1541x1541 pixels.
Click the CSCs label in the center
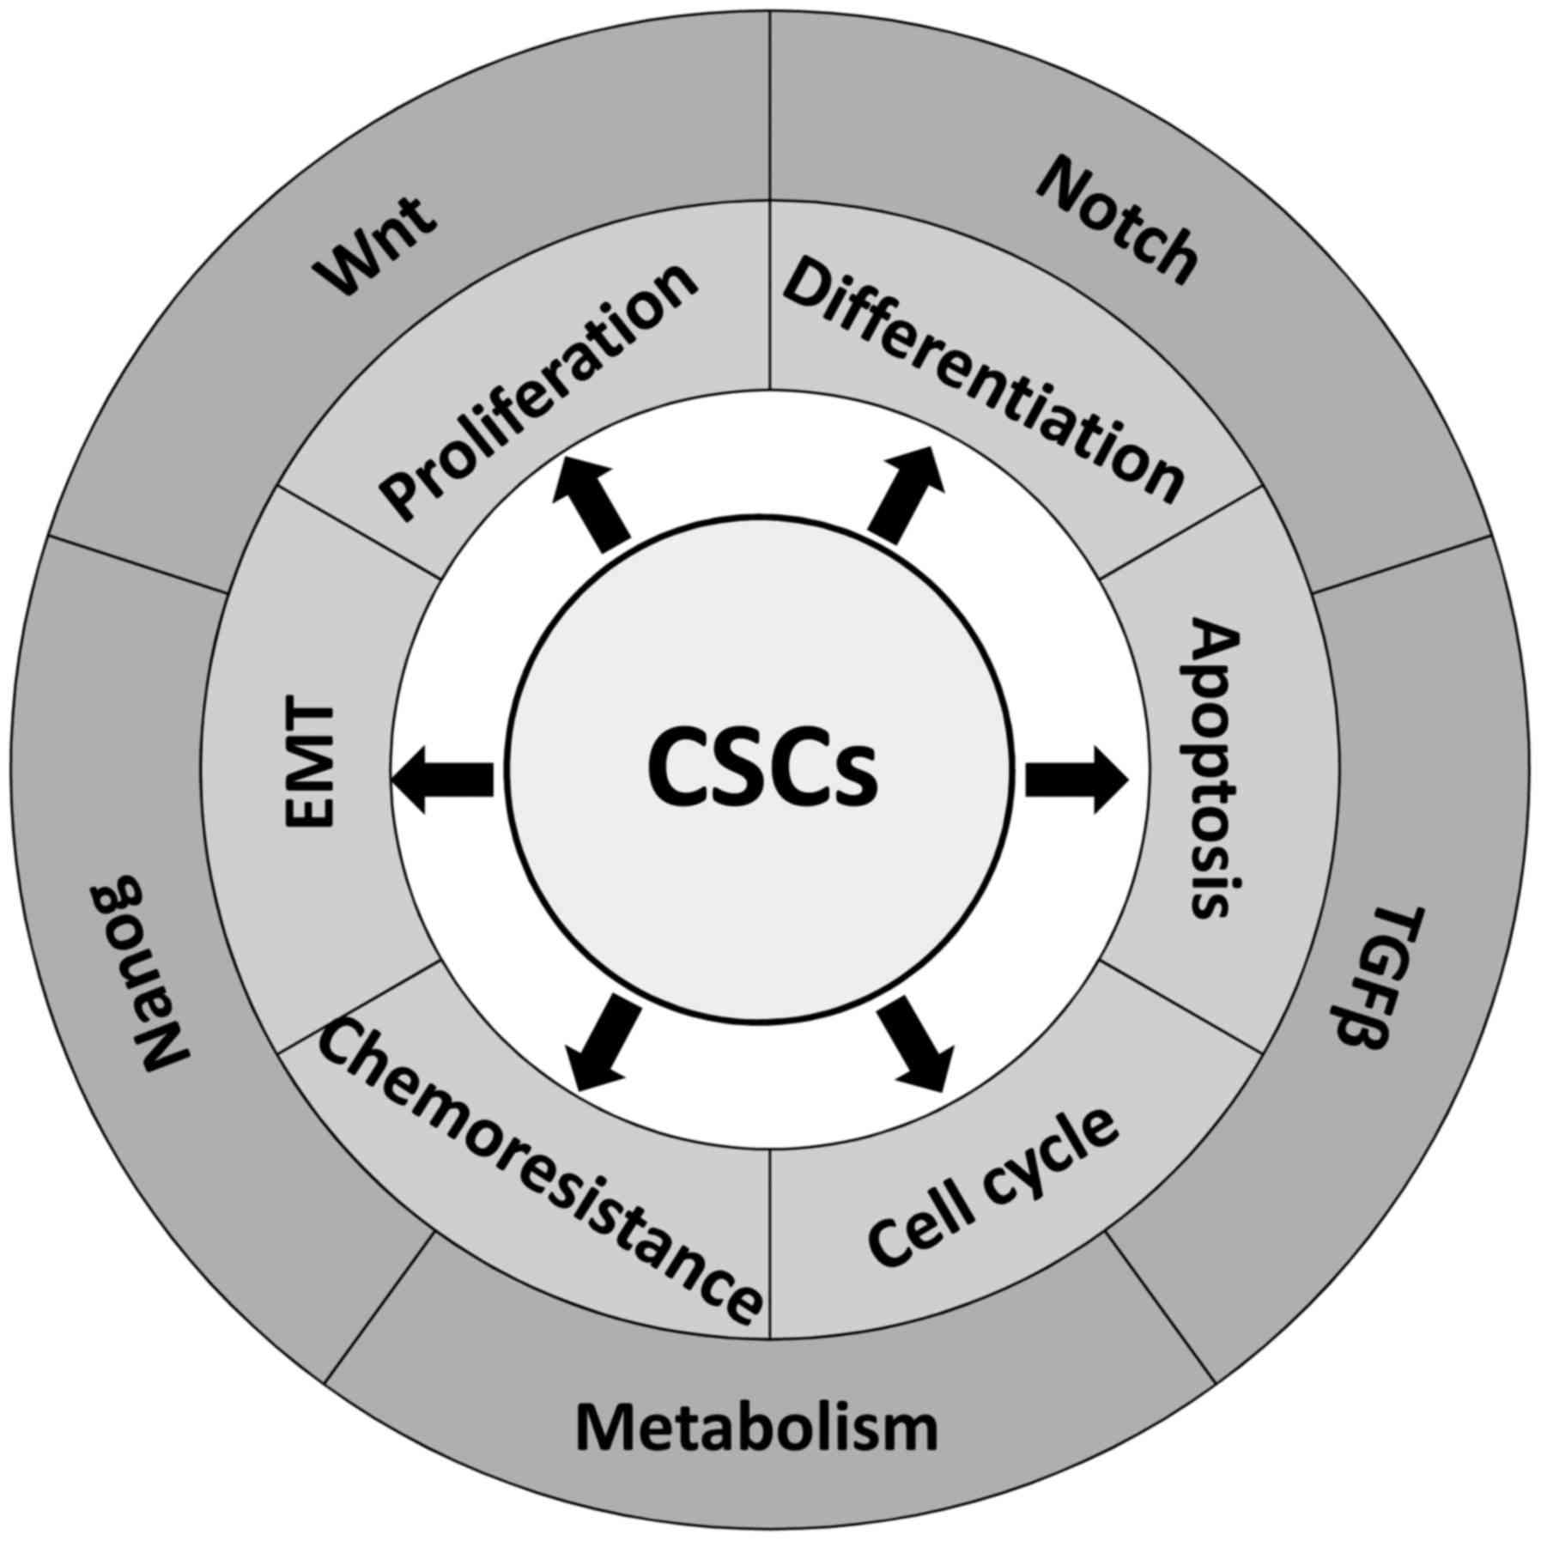point(761,767)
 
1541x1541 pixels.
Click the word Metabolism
point(756,1427)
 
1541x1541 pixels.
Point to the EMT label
point(309,767)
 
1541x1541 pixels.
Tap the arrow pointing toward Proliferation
point(592,502)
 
